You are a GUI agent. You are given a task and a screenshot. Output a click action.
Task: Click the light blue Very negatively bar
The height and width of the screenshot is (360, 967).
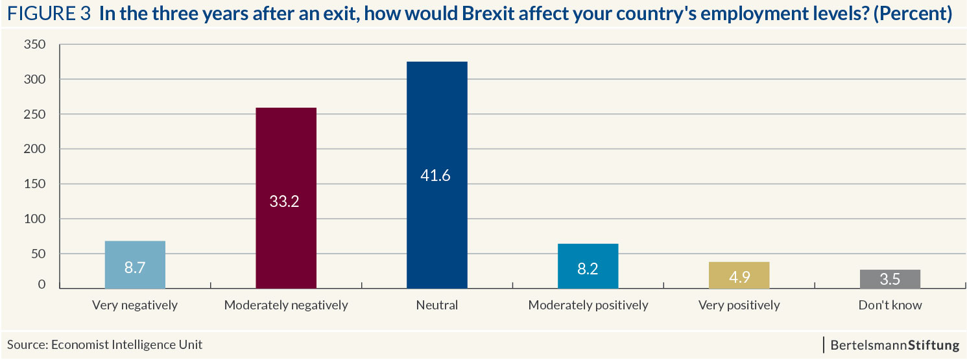click(135, 265)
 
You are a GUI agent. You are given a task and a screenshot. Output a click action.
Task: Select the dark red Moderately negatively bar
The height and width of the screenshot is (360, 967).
click(286, 198)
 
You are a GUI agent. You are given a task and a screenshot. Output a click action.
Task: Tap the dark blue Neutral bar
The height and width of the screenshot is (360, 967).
click(436, 175)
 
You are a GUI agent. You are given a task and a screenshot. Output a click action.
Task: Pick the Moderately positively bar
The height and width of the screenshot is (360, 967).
click(588, 266)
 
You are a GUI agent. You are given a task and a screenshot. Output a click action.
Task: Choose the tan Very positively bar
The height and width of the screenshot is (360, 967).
click(739, 275)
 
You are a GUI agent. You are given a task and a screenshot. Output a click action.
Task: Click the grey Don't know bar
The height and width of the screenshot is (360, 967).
click(890, 279)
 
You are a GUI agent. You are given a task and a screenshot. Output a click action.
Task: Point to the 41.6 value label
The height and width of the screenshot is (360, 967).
click(436, 176)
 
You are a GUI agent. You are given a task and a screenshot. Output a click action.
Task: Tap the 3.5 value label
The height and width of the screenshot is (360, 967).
click(890, 280)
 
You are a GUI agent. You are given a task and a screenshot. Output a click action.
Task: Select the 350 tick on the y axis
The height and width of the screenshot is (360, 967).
click(35, 45)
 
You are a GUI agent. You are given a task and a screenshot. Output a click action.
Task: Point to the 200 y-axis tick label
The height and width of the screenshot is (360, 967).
click(35, 149)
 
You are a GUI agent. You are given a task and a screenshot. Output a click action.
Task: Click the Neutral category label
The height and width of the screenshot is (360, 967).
click(436, 305)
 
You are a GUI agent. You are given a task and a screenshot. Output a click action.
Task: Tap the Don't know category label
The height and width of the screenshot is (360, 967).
click(890, 305)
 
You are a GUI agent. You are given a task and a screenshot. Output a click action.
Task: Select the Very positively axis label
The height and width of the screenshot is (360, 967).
click(739, 305)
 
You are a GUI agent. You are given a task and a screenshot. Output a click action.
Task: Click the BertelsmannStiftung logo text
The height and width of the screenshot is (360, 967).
click(894, 345)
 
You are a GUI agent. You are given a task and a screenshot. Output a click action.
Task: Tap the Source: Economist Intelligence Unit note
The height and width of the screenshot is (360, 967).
click(105, 345)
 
